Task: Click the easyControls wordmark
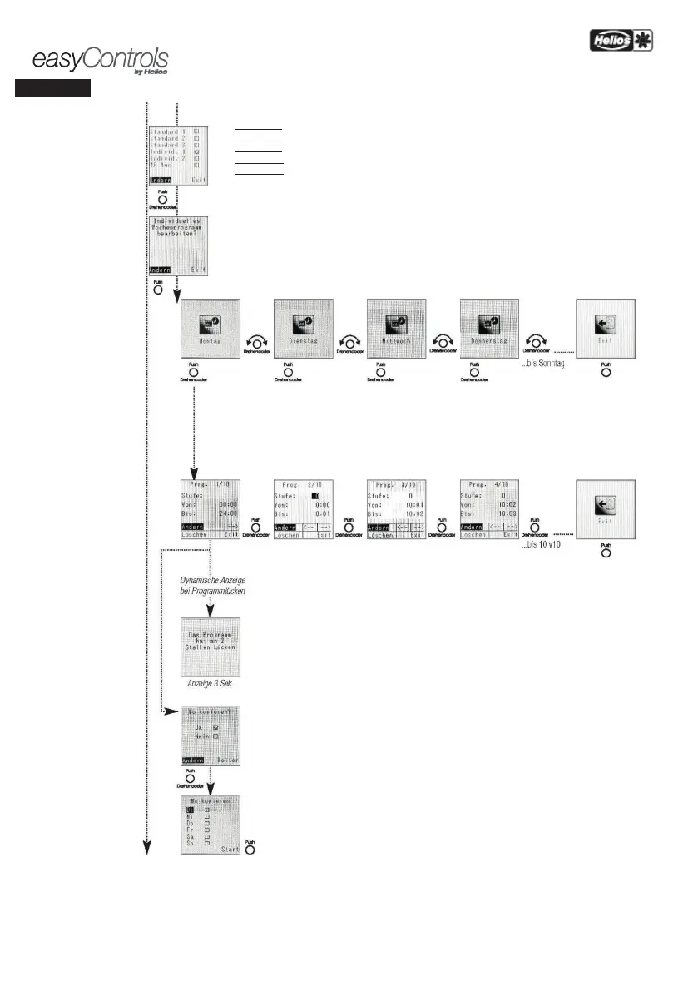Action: (x=100, y=61)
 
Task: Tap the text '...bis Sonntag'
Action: (x=544, y=365)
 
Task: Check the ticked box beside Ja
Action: (x=215, y=727)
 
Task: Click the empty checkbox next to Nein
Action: (x=215, y=736)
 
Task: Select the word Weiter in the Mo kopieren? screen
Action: (x=227, y=760)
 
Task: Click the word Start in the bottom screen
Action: (x=230, y=850)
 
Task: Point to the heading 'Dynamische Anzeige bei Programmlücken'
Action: (x=210, y=585)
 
